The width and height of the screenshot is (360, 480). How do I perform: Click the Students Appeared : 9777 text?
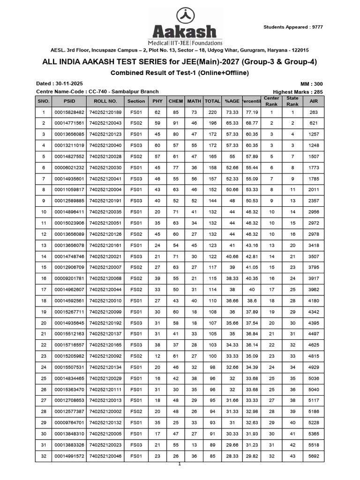[293, 27]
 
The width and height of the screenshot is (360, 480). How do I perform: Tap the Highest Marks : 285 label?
[298, 92]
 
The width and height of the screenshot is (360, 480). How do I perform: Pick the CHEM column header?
[176, 101]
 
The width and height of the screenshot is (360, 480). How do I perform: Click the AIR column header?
[314, 101]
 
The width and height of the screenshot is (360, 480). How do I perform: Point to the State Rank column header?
[292, 101]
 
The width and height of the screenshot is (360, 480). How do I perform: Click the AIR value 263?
[314, 112]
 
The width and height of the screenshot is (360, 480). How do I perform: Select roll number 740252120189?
[105, 112]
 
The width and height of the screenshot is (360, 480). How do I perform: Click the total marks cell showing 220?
[212, 112]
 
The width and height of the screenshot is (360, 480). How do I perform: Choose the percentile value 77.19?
[252, 112]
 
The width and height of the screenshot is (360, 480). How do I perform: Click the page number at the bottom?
[179, 464]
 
